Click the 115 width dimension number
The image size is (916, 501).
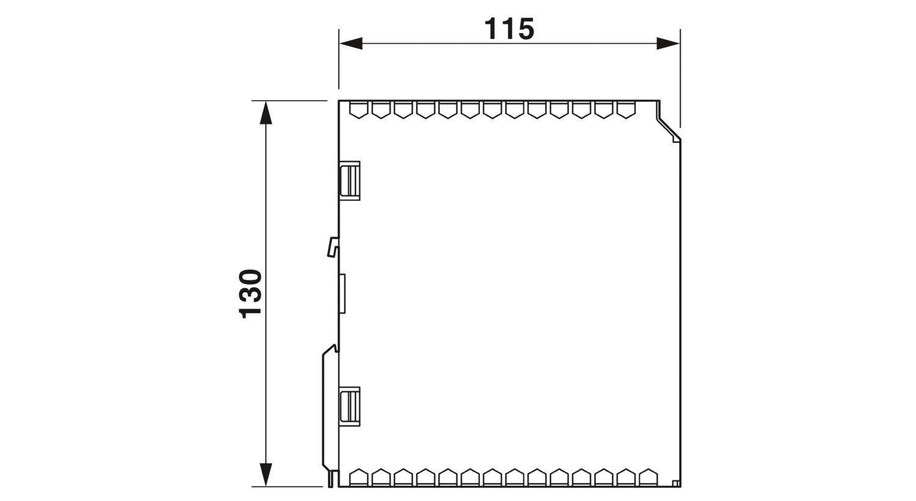click(x=509, y=29)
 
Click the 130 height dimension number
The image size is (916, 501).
click(x=250, y=294)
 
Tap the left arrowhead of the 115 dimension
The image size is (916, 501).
click(x=351, y=43)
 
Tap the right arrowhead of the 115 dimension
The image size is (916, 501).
click(x=668, y=43)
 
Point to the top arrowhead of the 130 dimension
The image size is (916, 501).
click(x=266, y=112)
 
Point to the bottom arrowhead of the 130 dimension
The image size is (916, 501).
click(x=266, y=475)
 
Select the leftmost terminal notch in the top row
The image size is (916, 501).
click(x=358, y=110)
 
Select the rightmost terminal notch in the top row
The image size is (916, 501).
click(x=626, y=110)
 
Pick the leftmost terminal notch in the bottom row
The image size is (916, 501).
click(x=358, y=477)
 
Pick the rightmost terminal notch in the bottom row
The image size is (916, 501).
click(x=648, y=477)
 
